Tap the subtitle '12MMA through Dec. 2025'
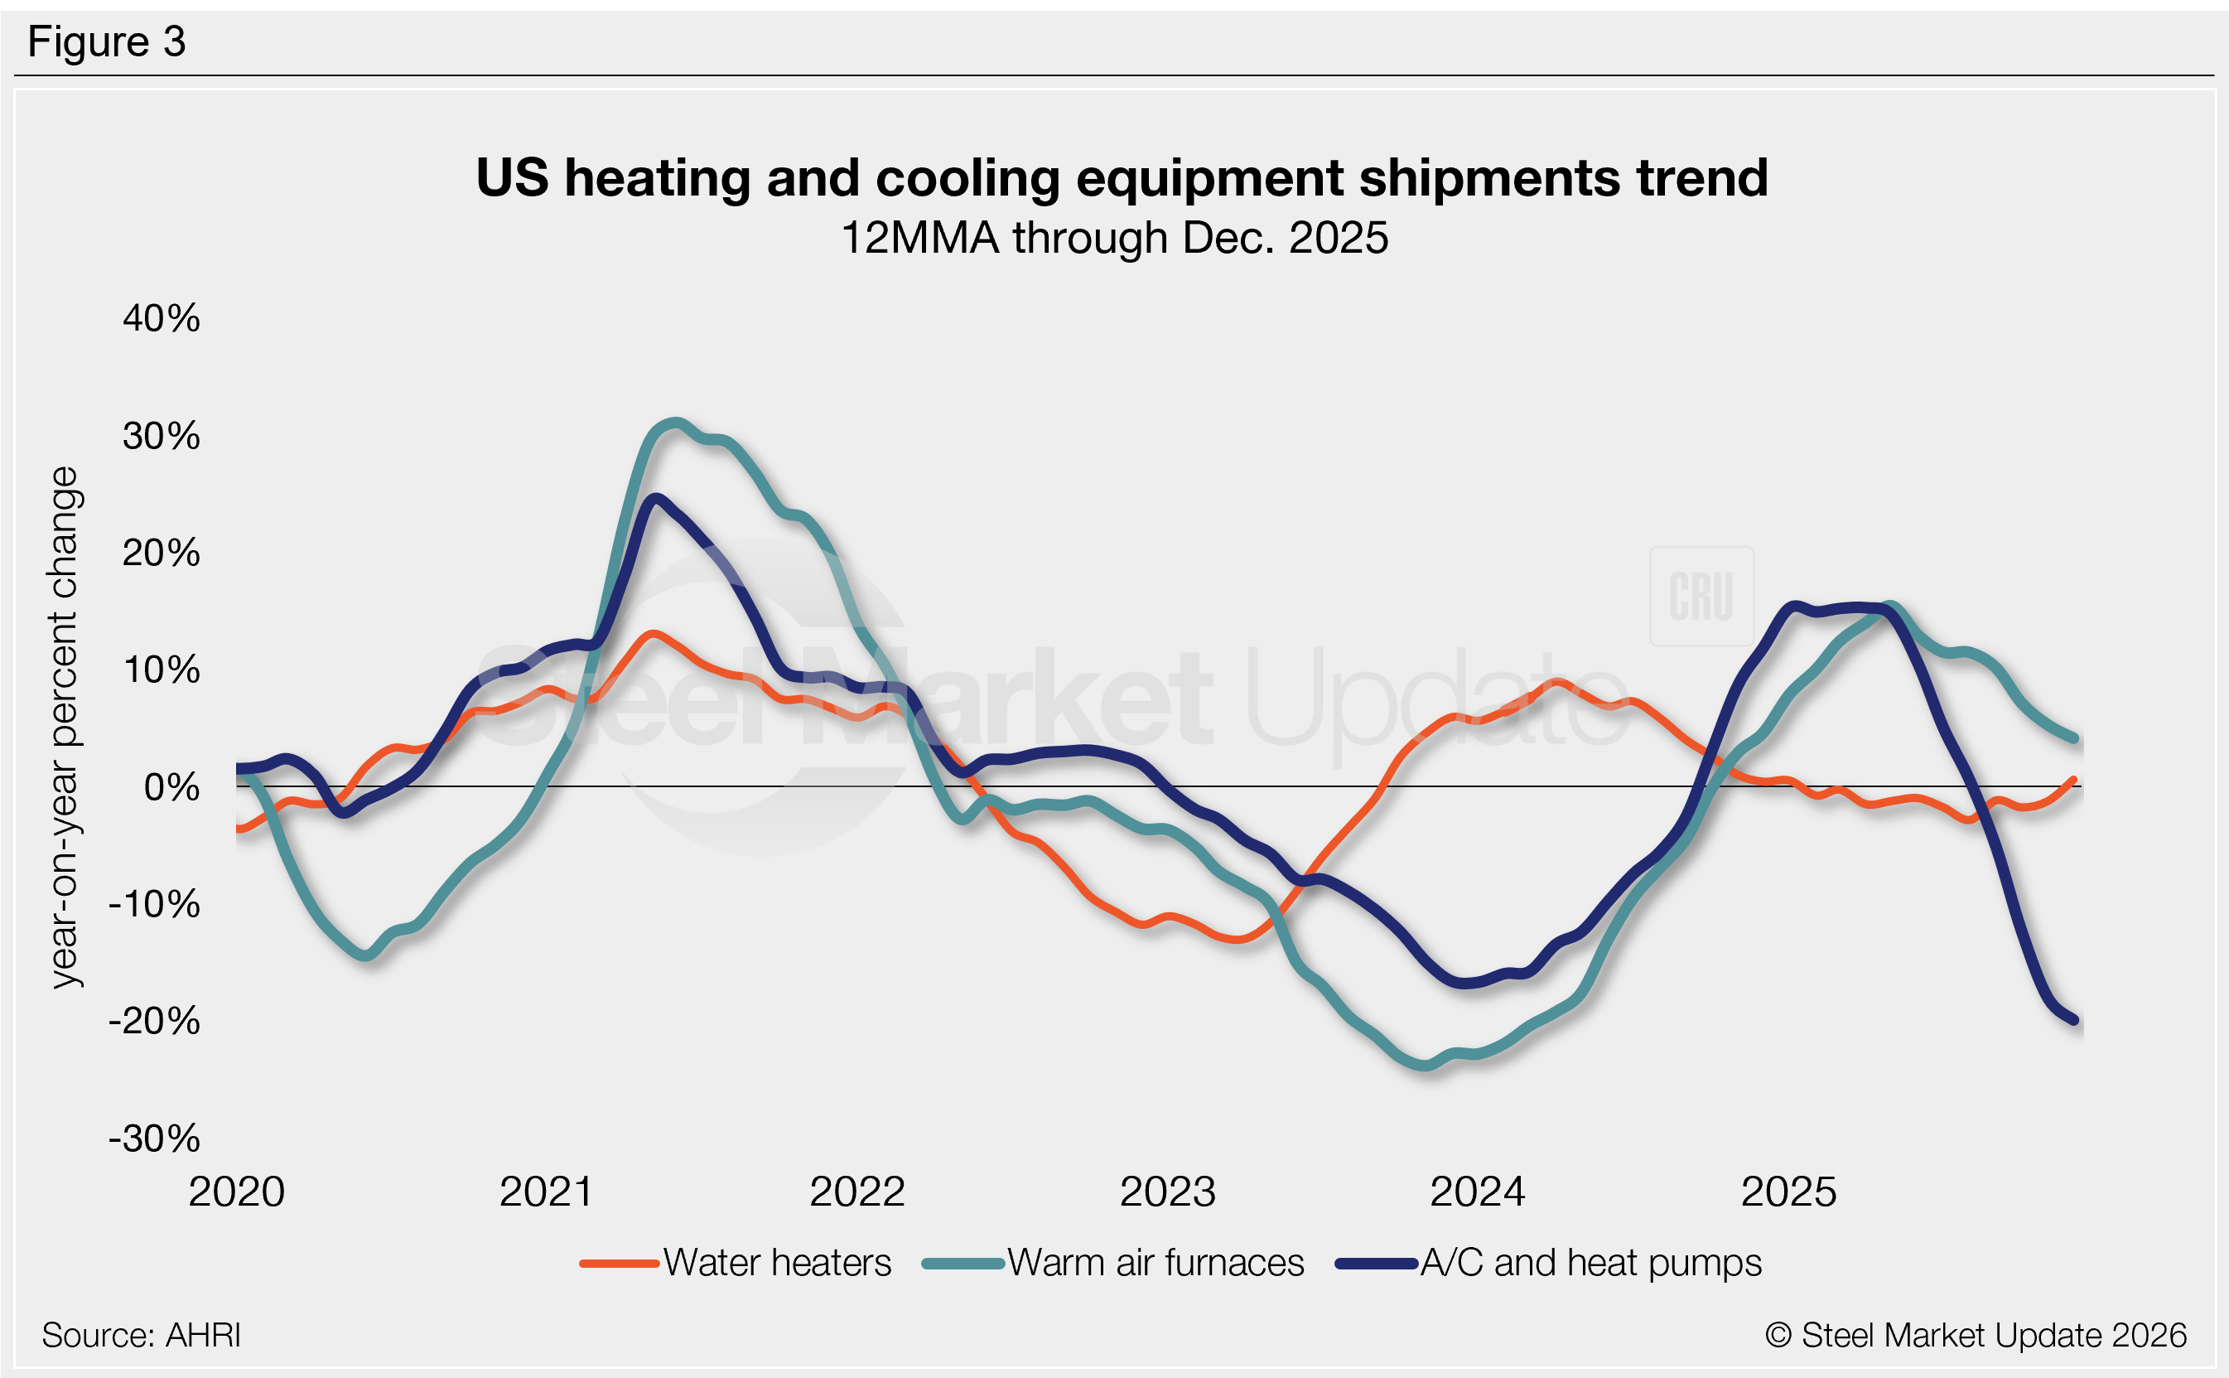(1114, 238)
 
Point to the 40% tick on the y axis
(162, 318)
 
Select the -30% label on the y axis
(155, 1139)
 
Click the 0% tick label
(171, 786)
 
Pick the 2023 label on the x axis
(1167, 1192)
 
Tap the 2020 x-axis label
(237, 1192)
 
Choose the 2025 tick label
(1788, 1192)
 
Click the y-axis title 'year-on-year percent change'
(65, 728)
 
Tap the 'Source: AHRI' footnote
(141, 1335)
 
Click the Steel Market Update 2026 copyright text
(1975, 1335)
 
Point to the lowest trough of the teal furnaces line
(1426, 1065)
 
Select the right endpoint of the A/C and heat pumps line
(2074, 1020)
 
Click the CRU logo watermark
(1701, 596)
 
